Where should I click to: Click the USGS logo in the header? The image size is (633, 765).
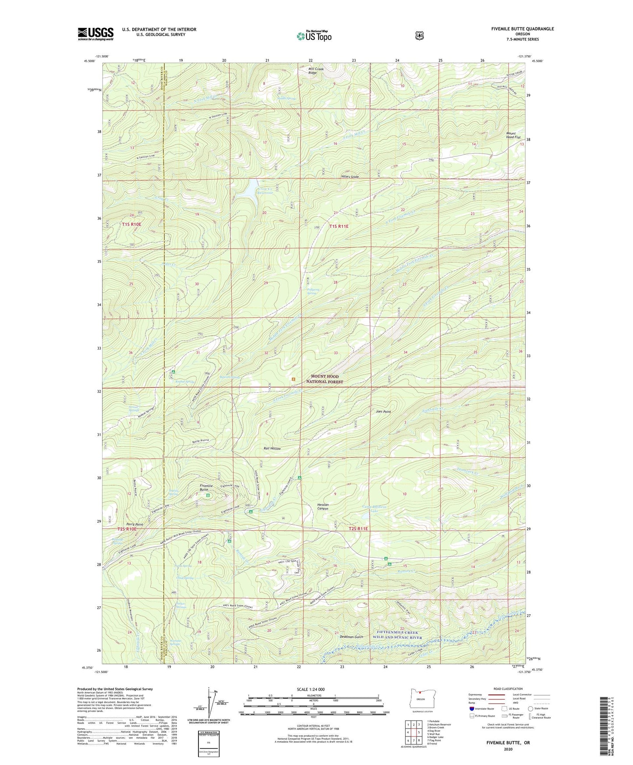pos(95,34)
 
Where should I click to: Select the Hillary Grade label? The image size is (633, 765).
pos(350,177)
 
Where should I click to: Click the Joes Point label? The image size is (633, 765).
pos(383,412)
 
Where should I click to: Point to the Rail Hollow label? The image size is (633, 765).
pos(272,449)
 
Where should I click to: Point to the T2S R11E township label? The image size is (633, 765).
pos(358,529)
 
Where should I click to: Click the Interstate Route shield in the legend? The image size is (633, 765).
pos(471,708)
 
